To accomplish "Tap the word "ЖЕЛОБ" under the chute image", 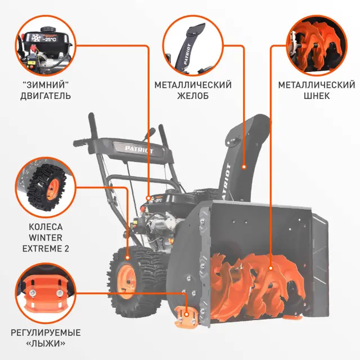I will pos(193,96).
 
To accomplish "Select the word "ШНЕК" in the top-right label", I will pos(316,96).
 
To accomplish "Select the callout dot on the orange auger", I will pos(271,269).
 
